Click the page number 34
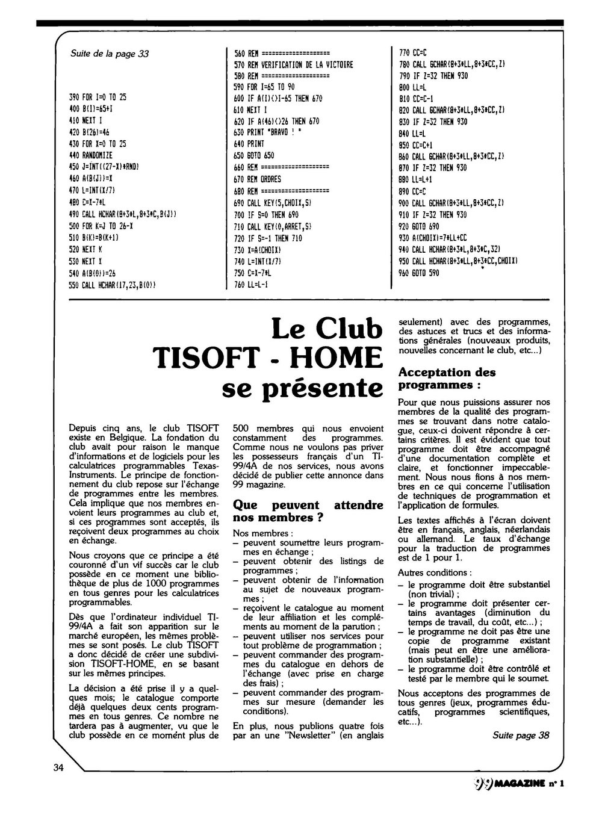58,767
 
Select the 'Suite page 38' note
521,735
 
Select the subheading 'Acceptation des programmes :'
447,378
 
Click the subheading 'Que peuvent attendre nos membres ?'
308,511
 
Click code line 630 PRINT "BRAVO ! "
268,133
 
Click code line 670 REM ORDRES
257,179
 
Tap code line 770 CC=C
409,53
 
